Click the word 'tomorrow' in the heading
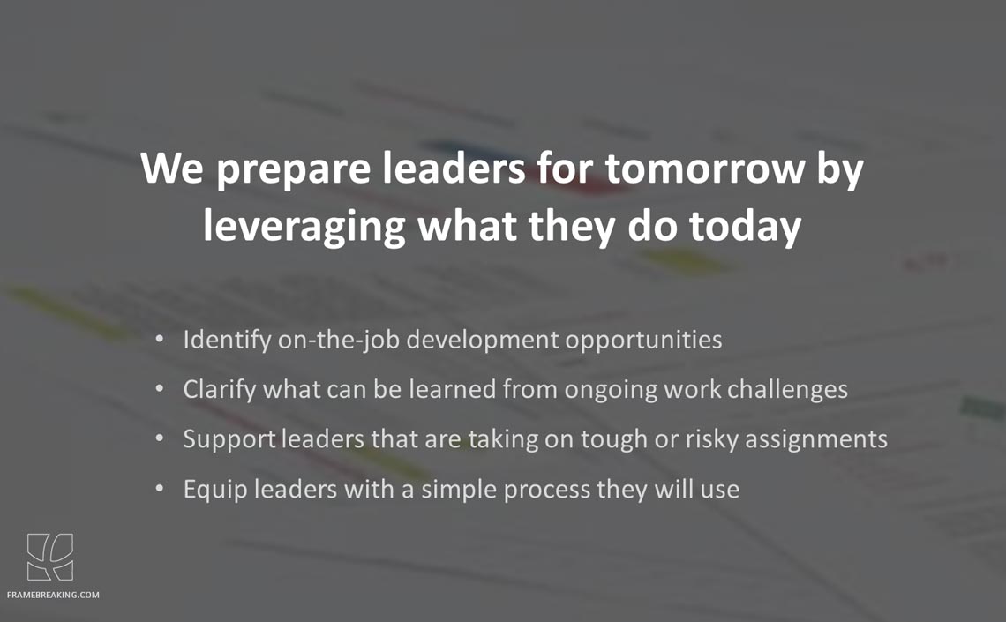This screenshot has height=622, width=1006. [704, 168]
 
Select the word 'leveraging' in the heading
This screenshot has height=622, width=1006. [304, 226]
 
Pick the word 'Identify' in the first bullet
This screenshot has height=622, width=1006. [227, 340]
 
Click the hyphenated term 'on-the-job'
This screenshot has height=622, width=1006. [339, 340]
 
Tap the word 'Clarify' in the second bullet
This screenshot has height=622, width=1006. [220, 390]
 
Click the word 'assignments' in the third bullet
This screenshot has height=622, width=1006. [816, 440]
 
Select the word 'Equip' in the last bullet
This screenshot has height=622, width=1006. [215, 490]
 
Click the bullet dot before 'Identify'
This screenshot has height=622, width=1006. [160, 339]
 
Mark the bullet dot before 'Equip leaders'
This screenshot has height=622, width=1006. [160, 489]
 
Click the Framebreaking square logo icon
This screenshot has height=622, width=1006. [50, 557]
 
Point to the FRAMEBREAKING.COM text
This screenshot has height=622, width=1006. [53, 595]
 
